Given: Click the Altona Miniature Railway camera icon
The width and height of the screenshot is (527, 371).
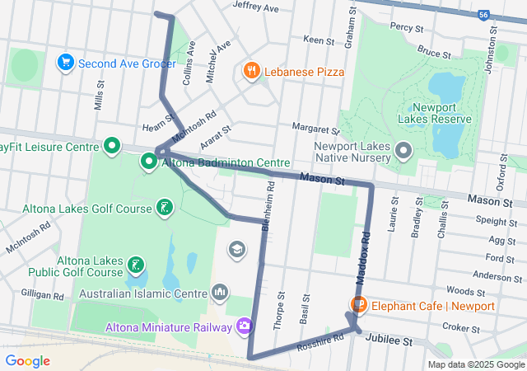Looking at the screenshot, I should point(244,328).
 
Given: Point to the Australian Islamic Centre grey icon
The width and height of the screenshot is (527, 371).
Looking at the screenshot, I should point(220,293).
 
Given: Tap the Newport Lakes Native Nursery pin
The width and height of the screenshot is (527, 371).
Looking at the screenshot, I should point(403,151).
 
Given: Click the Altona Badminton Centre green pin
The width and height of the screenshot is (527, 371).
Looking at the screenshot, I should point(149,162).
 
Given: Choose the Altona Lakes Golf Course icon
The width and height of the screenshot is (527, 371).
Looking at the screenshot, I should point(165,208).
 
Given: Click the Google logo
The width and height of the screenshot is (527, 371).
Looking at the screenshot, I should point(28,360).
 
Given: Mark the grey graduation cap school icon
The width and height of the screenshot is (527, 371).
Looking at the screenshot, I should point(237,249).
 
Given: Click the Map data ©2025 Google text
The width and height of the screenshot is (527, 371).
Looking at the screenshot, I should point(475,364).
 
